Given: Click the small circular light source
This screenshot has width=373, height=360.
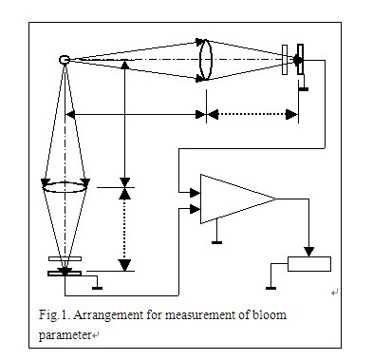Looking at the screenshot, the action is [x=65, y=60].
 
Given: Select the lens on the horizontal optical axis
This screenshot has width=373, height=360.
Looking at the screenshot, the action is [x=206, y=60].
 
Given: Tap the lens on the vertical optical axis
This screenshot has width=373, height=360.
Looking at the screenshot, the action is [x=65, y=187].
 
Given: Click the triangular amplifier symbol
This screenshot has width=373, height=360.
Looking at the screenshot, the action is [x=238, y=199].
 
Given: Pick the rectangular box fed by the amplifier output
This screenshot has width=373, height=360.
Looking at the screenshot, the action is [x=309, y=264].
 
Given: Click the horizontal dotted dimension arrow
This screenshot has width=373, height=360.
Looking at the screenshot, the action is [x=252, y=114].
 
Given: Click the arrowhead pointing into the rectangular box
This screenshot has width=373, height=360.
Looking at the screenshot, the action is [x=309, y=252].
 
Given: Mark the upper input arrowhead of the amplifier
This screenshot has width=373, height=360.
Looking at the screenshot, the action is [x=195, y=192].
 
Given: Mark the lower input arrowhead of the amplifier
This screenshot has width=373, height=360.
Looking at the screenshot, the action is [x=195, y=209].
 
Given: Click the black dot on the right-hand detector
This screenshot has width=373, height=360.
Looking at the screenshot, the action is [x=297, y=60].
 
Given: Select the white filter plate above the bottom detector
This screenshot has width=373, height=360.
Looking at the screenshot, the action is [x=65, y=259].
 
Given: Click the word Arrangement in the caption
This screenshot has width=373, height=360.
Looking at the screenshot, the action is [x=108, y=315].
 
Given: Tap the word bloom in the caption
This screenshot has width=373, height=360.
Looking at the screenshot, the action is [x=270, y=314].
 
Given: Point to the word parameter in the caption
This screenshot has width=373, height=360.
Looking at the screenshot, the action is [x=65, y=335].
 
